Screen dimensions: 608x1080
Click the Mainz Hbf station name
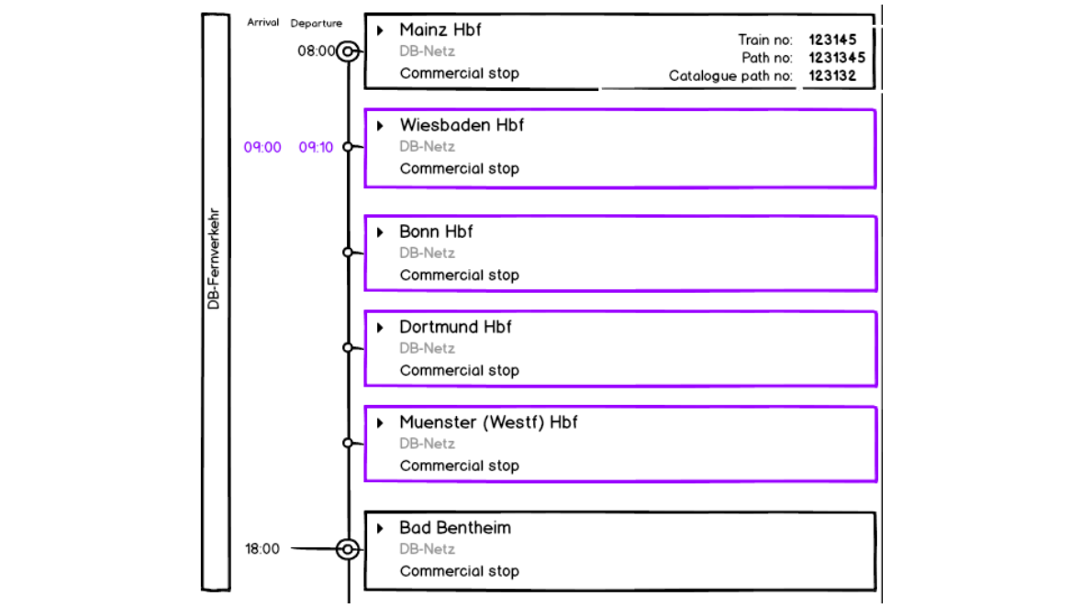[440, 30]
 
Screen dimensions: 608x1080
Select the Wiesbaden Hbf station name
[462, 126]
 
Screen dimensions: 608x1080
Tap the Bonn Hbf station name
[436, 232]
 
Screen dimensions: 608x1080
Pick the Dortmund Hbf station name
[455, 328]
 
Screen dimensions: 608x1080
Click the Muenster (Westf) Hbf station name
[488, 423]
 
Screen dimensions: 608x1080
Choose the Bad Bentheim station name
[455, 528]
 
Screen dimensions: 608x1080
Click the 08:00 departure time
[317, 51]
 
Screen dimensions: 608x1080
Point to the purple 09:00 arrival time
[262, 147]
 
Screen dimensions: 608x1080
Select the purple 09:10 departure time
[317, 147]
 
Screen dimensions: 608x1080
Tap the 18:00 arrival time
[262, 549]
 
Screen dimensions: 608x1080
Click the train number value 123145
[832, 39]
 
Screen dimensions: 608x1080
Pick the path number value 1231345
[836, 58]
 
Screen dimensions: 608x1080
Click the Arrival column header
[262, 23]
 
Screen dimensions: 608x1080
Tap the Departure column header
[317, 23]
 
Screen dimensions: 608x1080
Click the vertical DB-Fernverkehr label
[214, 263]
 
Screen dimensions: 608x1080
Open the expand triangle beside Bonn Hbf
[380, 232]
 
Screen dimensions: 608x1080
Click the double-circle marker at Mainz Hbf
[347, 51]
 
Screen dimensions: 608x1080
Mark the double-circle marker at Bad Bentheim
[347, 549]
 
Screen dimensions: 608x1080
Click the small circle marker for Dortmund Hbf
[347, 347]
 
